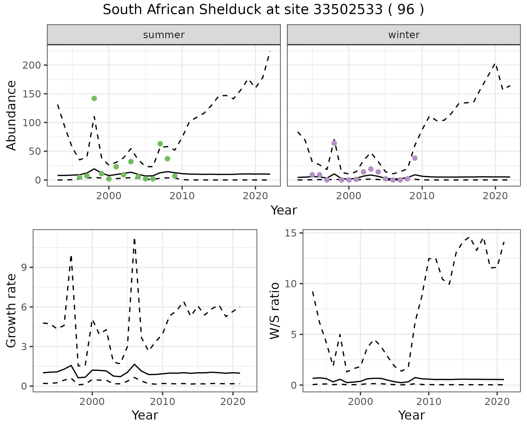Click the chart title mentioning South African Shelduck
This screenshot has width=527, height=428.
pyautogui.click(x=263, y=10)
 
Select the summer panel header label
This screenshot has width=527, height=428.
pyautogui.click(x=164, y=35)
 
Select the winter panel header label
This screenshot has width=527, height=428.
pyautogui.click(x=404, y=35)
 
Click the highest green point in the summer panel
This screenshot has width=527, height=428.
pyautogui.click(x=94, y=98)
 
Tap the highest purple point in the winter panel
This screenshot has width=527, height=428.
pyautogui.click(x=334, y=143)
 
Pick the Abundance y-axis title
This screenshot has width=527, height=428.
pyautogui.click(x=12, y=115)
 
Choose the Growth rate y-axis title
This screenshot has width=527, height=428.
pyautogui.click(x=12, y=311)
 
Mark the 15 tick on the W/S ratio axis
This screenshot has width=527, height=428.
pyautogui.click(x=291, y=233)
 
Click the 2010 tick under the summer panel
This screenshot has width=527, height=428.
pyautogui.click(x=182, y=196)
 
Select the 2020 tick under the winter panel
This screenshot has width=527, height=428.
pyautogui.click(x=495, y=196)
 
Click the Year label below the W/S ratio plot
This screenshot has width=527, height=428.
pyautogui.click(x=411, y=415)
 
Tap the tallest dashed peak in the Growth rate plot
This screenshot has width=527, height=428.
pyautogui.click(x=134, y=240)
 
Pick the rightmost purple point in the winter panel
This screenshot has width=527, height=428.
pyautogui.click(x=415, y=158)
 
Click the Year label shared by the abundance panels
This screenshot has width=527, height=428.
pyautogui.click(x=284, y=210)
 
